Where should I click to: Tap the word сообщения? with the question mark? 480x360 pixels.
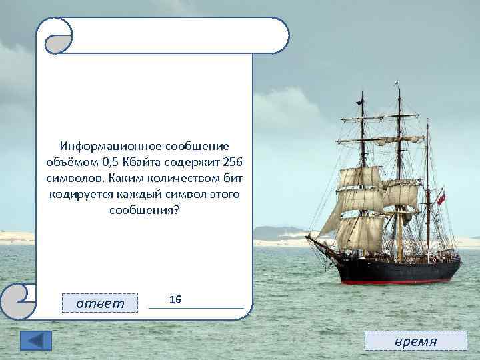click(144, 210)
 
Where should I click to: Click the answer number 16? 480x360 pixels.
click(175, 300)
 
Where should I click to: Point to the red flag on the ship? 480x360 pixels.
click(441, 197)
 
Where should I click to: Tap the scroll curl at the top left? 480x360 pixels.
click(54, 35)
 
